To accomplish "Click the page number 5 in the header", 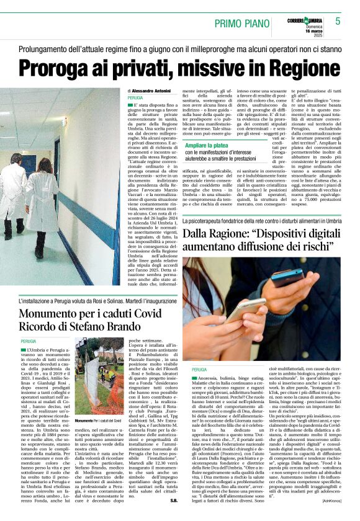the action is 338,21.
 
